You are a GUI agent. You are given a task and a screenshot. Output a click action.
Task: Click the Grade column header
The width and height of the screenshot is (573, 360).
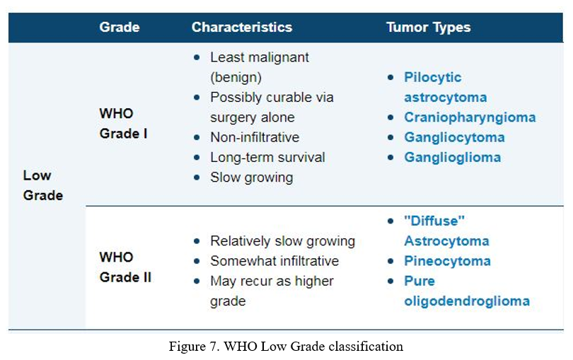(119, 27)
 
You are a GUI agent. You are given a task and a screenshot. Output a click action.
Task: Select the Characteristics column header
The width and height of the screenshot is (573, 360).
(242, 27)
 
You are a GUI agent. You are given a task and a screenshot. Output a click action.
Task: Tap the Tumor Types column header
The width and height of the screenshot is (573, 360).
(428, 28)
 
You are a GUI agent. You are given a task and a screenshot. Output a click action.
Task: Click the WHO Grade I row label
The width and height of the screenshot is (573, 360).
(123, 123)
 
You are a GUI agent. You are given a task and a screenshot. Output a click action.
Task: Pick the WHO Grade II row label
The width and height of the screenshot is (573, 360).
(125, 267)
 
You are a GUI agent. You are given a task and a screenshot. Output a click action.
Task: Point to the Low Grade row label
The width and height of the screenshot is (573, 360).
(42, 185)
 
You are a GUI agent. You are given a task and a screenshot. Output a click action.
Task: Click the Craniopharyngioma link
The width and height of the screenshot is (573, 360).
(470, 117)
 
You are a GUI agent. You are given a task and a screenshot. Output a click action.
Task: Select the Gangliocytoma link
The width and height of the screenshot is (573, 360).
(454, 137)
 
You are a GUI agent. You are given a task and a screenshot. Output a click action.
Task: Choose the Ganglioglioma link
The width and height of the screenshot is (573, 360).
(453, 158)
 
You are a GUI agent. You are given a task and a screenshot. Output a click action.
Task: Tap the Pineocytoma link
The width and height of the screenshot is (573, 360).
(447, 261)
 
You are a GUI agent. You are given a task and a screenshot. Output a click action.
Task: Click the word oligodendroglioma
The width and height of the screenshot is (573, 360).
(467, 301)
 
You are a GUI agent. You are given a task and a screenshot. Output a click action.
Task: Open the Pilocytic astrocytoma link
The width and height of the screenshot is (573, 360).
(446, 88)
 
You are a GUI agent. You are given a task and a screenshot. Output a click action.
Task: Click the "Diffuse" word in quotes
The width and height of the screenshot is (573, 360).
(434, 221)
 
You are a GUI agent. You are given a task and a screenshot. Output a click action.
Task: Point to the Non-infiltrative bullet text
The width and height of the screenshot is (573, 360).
(255, 137)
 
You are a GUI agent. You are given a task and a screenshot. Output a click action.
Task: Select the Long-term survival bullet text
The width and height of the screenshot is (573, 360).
(267, 158)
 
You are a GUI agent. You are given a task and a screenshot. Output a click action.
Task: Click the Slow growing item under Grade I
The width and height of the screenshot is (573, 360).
(251, 178)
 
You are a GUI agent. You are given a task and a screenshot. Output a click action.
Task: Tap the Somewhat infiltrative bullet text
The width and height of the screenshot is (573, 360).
(274, 261)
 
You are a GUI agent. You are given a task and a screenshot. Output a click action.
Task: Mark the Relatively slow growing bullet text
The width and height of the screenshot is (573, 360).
(282, 241)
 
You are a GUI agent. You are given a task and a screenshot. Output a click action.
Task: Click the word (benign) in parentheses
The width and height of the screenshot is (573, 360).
(236, 78)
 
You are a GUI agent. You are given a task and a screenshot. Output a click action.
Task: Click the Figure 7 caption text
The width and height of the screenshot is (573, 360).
(286, 347)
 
